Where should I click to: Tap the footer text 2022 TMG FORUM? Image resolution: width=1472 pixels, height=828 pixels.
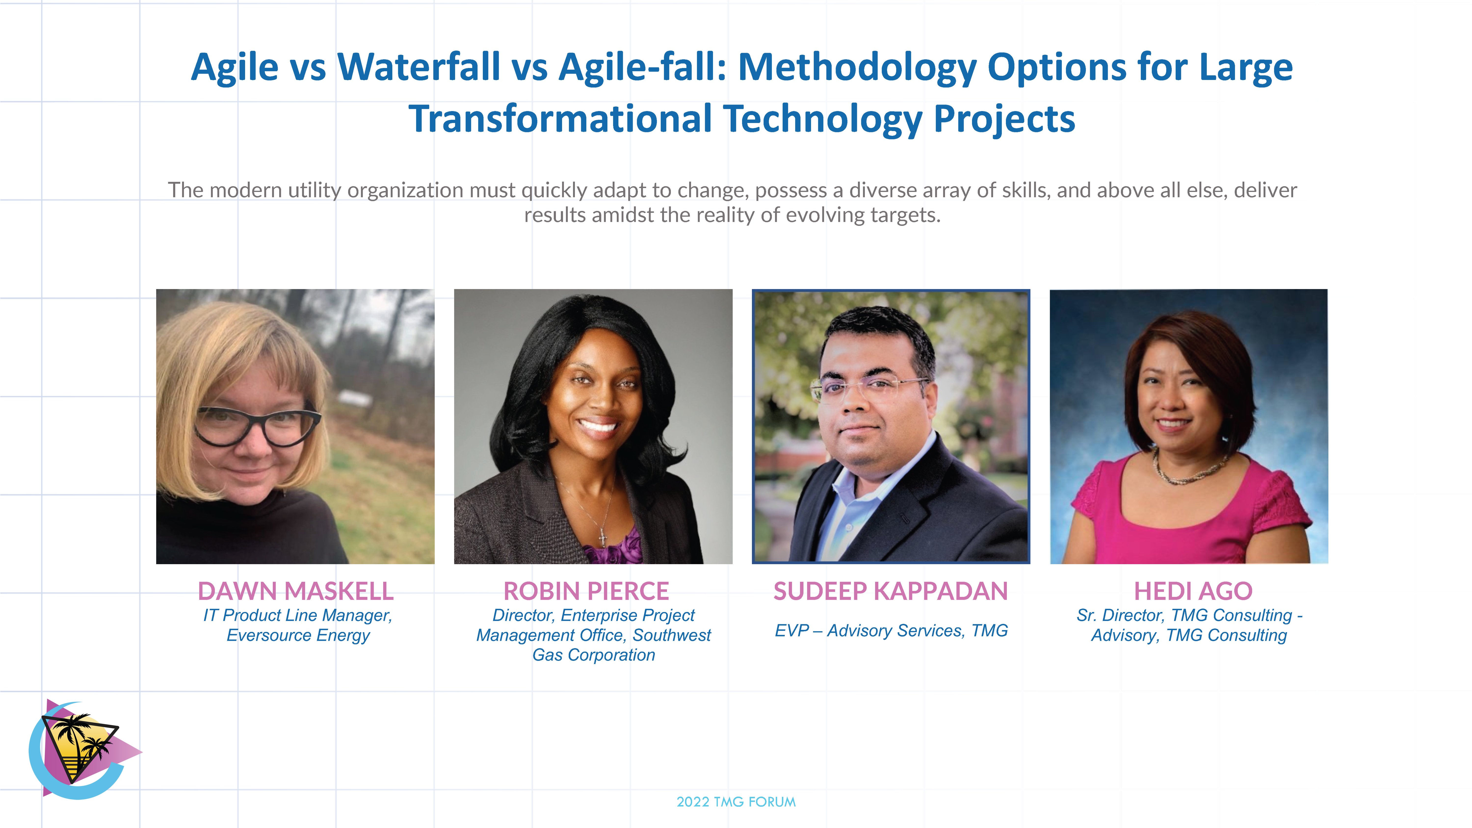click(736, 802)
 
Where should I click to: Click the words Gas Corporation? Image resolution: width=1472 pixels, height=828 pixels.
click(594, 655)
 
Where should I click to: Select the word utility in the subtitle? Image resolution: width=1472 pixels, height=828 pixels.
click(314, 190)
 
